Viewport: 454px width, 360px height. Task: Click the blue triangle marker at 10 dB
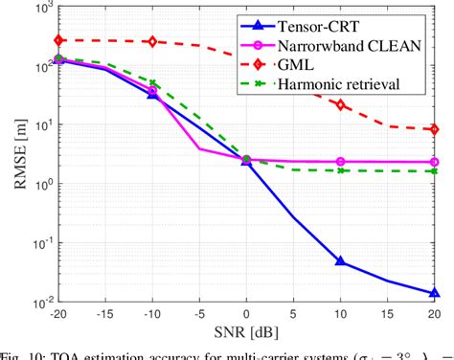[340, 261]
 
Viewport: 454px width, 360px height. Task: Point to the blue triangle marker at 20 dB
[434, 294]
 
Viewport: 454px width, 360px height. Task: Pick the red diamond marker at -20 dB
[59, 40]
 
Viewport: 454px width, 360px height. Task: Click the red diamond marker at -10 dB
[152, 42]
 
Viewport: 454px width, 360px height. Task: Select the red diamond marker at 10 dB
[340, 104]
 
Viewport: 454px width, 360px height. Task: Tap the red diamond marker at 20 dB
[434, 129]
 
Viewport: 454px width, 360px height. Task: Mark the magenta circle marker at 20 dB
[434, 163]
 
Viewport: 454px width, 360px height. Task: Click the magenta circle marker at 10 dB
[340, 162]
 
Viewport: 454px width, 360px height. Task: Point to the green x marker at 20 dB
[434, 171]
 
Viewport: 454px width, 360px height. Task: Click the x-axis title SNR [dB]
[245, 335]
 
